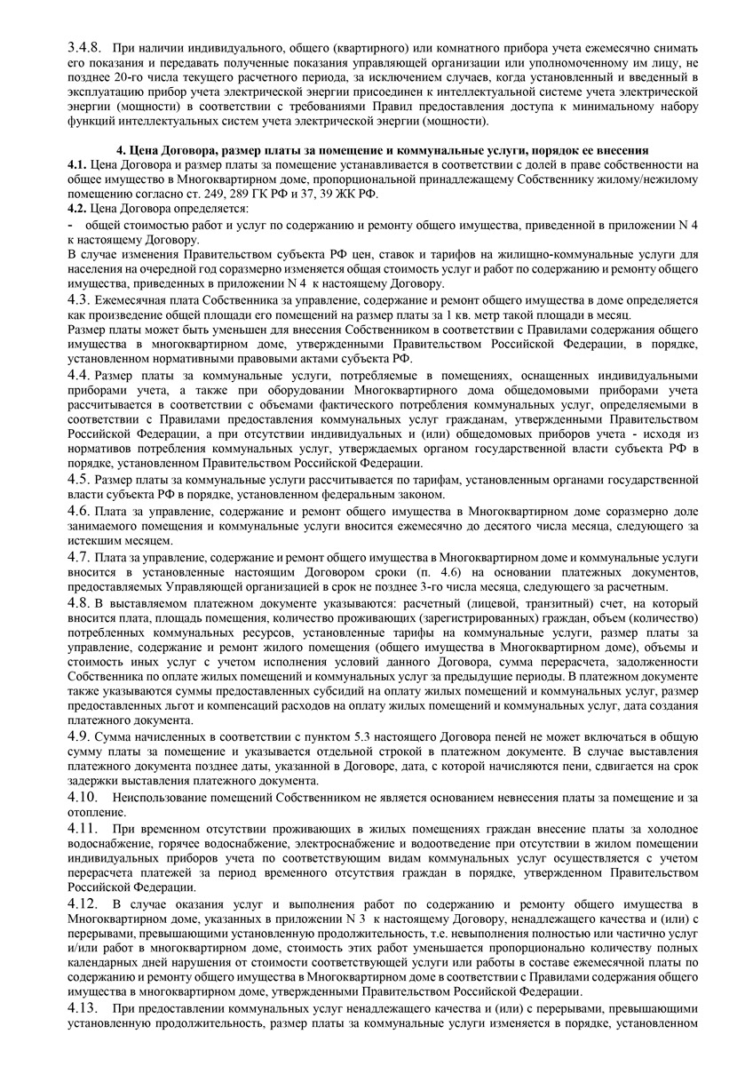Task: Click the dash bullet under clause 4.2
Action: [x=70, y=225]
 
